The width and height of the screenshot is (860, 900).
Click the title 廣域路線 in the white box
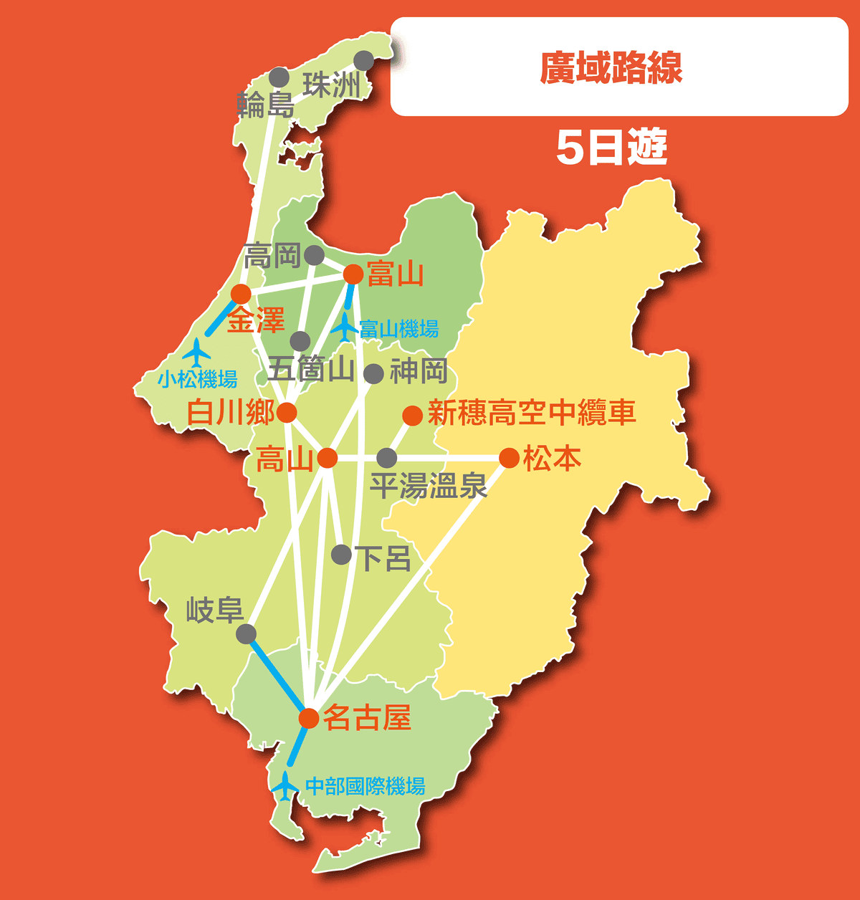611,68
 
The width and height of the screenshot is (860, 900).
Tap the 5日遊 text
611,148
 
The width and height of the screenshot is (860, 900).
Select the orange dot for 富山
353,274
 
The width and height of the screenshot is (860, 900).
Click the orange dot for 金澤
241,294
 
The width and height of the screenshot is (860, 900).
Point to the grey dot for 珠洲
364,60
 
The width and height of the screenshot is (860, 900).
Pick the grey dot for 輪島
279,77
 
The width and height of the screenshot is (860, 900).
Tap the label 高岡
272,255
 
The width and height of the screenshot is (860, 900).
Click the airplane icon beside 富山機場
345,327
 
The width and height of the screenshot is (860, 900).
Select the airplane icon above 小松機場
196,352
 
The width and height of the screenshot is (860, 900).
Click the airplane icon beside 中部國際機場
285,786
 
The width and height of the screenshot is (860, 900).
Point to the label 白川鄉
230,413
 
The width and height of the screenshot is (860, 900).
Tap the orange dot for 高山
327,458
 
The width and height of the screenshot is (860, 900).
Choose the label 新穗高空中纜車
532,413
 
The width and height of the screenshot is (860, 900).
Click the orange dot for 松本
509,458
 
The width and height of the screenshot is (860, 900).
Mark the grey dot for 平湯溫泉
386,458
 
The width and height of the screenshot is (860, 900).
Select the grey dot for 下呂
342,554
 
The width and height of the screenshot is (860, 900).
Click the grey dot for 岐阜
246,633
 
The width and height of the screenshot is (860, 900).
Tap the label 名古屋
367,717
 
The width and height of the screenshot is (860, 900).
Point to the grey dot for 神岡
373,373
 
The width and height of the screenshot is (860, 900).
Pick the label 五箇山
310,370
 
